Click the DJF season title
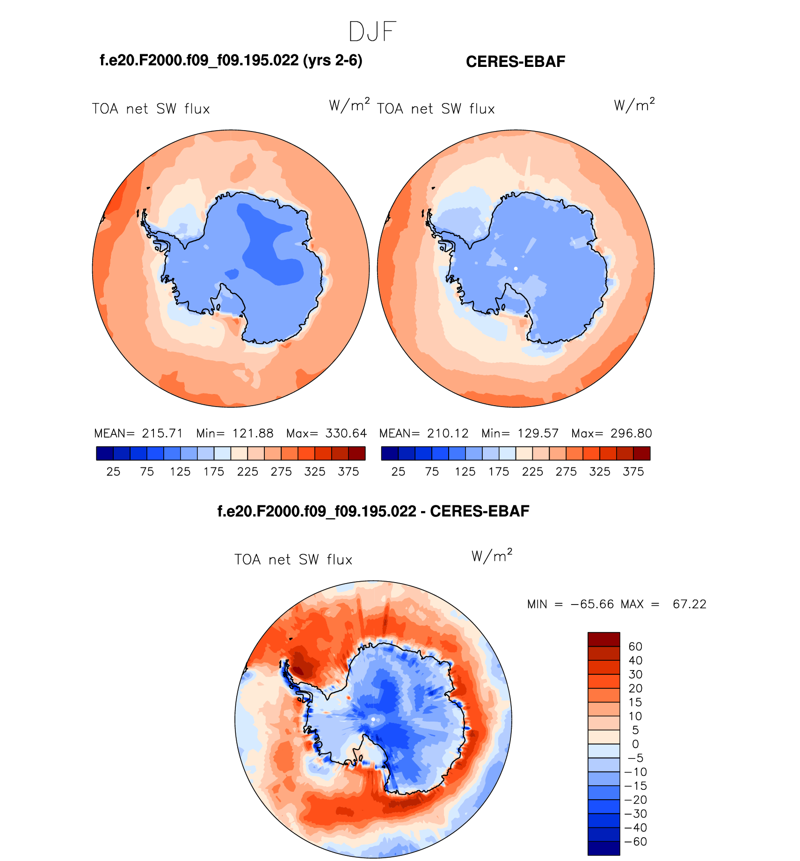coord(372,32)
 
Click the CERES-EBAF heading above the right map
coord(516,62)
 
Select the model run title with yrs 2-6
coord(231,60)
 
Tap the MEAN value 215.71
coord(162,433)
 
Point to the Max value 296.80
coord(631,433)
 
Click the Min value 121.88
coord(253,433)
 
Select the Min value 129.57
coord(538,433)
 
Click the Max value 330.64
coord(346,433)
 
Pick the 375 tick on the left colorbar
coord(349,472)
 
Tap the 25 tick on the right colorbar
coord(398,472)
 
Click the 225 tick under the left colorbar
coord(247,472)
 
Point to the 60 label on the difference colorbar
coord(635,647)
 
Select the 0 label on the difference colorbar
coord(635,744)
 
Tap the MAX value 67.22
coord(689,604)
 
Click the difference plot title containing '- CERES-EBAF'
coord(373,511)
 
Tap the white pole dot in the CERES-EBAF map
coord(516,269)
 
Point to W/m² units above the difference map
coord(492,556)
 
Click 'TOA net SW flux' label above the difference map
coord(293,560)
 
